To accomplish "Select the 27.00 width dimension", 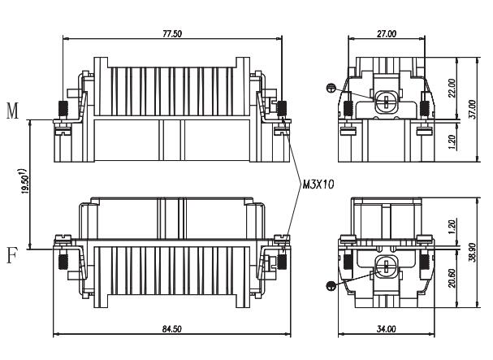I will pos(386,33).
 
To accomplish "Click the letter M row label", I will pos(12,111).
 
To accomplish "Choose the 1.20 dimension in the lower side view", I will pos(452,225).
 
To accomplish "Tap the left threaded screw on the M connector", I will pos(62,108).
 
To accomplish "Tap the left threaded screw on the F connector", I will pos(62,261).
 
